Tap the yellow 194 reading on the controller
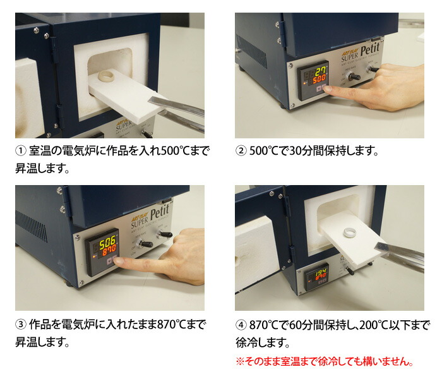[x=320, y=274]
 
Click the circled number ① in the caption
[x=21, y=152]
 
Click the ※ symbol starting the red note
[x=240, y=362]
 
